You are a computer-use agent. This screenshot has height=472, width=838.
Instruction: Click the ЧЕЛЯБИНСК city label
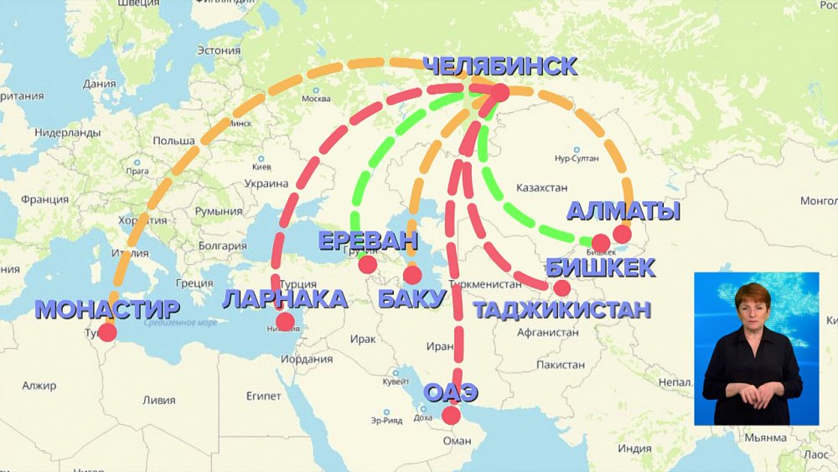pyautogui.click(x=499, y=66)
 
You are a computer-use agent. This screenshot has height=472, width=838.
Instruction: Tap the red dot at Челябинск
pyautogui.click(x=499, y=92)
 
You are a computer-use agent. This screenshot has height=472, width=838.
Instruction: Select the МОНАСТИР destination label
pyautogui.click(x=107, y=309)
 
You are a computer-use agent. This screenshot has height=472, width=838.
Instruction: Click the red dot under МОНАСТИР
pyautogui.click(x=107, y=332)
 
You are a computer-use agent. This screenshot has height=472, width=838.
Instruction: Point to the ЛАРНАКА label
pyautogui.click(x=285, y=298)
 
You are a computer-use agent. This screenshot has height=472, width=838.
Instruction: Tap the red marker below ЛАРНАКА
pyautogui.click(x=285, y=321)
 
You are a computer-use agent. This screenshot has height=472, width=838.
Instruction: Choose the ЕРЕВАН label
pyautogui.click(x=367, y=241)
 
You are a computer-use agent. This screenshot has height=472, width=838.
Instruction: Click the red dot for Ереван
pyautogui.click(x=367, y=264)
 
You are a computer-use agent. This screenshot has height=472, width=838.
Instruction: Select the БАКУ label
pyautogui.click(x=411, y=298)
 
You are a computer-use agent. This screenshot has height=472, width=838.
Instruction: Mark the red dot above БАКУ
pyautogui.click(x=411, y=274)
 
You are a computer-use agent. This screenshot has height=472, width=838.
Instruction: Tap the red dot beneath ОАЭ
pyautogui.click(x=451, y=415)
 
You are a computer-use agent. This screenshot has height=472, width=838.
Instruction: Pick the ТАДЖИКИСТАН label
pyautogui.click(x=561, y=309)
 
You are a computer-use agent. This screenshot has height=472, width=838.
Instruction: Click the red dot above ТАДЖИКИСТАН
pyautogui.click(x=561, y=288)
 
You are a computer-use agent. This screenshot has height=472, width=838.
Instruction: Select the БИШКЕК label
pyautogui.click(x=600, y=267)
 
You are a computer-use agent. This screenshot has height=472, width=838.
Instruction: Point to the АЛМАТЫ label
pyautogui.click(x=623, y=210)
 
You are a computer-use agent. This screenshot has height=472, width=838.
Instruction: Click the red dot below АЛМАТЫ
pyautogui.click(x=622, y=234)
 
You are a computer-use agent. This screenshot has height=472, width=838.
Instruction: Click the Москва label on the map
pyautogui.click(x=316, y=99)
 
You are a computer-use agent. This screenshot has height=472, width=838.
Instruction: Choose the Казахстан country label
pyautogui.click(x=542, y=187)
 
